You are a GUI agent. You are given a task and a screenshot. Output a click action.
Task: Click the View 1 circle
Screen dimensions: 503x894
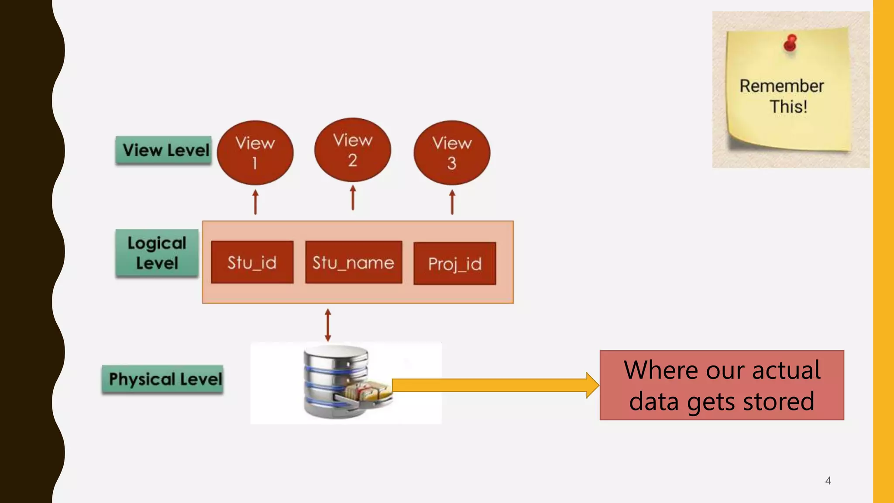[x=255, y=152]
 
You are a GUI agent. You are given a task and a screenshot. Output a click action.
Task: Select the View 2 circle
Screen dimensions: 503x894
[x=352, y=150]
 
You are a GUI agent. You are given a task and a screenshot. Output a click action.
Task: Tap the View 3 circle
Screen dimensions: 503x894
[x=452, y=152]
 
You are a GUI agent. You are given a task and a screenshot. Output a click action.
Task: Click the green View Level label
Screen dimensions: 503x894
[x=164, y=150]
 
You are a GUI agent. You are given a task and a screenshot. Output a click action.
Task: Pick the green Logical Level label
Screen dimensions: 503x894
[x=157, y=253]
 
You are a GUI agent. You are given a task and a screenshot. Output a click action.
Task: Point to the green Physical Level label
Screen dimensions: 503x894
[x=163, y=379]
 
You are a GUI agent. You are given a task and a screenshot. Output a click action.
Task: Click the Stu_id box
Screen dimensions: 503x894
[x=252, y=262]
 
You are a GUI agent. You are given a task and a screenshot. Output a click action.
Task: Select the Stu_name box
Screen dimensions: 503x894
[x=354, y=262]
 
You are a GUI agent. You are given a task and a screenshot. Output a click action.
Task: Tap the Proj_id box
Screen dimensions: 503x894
[x=454, y=263]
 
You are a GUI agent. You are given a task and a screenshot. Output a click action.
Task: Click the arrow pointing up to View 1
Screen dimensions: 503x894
[x=256, y=202]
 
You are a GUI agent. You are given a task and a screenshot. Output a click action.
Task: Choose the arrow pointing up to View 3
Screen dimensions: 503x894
[x=452, y=202]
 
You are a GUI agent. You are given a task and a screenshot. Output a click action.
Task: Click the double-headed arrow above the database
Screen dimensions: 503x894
[x=328, y=325]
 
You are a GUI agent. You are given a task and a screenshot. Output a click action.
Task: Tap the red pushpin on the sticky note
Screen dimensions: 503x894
[x=790, y=43]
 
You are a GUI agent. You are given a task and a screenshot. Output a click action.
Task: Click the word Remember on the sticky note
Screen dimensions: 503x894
[x=781, y=86]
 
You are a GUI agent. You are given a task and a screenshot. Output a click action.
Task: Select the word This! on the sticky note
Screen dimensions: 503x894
[x=788, y=107]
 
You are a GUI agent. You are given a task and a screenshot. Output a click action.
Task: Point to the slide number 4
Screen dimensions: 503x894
[x=828, y=481]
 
